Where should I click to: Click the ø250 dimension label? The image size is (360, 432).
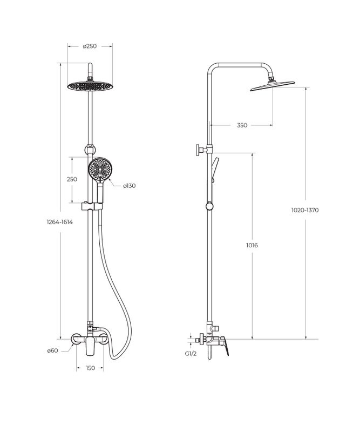pos(90,46)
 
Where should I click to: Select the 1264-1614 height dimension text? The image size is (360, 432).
pos(60,222)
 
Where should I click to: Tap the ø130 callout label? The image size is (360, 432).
pos(129,186)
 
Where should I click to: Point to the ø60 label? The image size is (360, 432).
pos(52,350)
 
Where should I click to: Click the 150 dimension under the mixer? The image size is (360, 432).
pos(90,368)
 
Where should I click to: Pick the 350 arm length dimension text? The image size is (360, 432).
pos(242,125)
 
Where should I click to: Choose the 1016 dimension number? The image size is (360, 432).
pos(251,245)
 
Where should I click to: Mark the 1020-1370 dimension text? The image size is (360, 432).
pos(306,210)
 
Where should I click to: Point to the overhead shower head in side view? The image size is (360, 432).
pos(273,85)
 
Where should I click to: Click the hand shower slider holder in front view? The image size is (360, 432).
pos(90,206)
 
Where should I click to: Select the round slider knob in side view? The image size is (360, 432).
pos(209,206)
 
